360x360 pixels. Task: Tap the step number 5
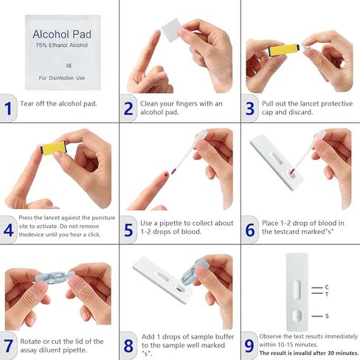128,229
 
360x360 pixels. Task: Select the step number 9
249,345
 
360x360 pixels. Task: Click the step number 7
8,345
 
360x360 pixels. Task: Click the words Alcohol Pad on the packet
60,35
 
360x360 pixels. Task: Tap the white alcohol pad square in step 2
172,29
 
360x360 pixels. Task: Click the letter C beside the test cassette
325,286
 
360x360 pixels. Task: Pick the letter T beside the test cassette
325,293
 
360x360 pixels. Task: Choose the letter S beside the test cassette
325,316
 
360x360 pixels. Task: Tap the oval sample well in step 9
296,316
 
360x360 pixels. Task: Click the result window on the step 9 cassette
296,289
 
